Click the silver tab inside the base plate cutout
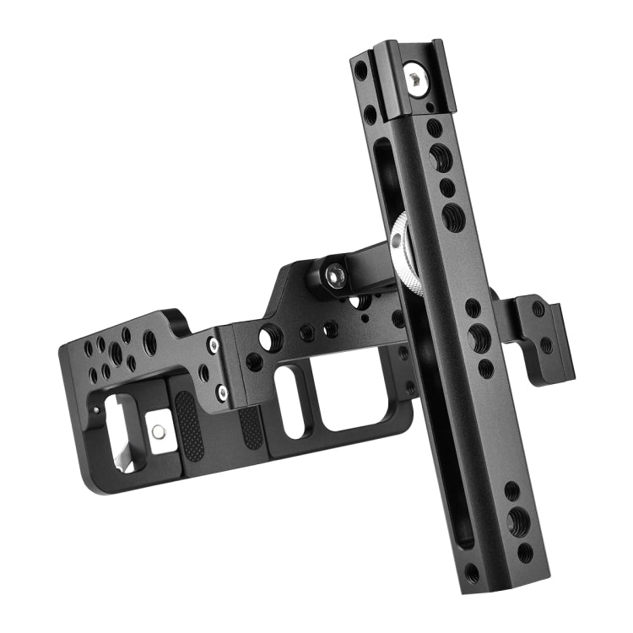(x=157, y=431)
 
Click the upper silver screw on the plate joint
(x=212, y=345)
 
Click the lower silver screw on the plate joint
(x=221, y=392)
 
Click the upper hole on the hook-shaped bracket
(x=538, y=310)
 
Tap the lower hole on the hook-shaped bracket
(x=546, y=344)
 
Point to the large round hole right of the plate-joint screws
(x=268, y=339)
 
